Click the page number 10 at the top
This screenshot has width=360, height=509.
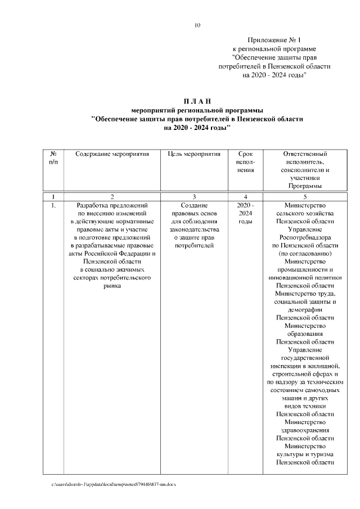pos(197,25)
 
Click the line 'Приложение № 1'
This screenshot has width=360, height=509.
pos(274,40)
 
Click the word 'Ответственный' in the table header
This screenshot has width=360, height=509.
pos(305,154)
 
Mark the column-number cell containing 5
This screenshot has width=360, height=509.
pos(305,197)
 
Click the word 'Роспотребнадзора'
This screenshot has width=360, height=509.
pos(305,237)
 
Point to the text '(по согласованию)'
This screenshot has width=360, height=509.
pos(305,254)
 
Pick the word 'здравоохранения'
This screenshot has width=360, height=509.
pos(305,430)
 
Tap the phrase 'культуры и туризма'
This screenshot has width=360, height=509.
pos(305,454)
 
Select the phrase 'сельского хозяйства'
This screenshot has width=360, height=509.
pos(305,214)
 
